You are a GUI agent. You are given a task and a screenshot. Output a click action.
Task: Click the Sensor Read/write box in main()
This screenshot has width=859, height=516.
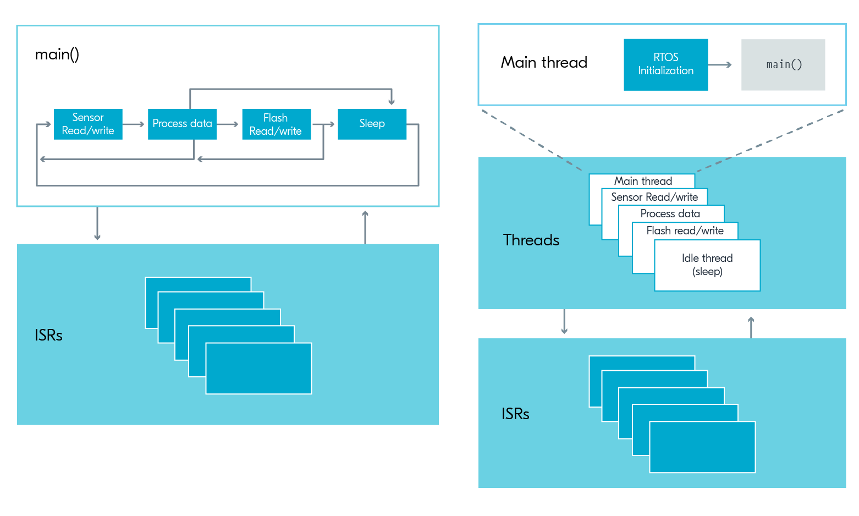click(88, 124)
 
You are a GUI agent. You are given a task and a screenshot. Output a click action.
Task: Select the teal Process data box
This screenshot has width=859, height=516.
click(182, 124)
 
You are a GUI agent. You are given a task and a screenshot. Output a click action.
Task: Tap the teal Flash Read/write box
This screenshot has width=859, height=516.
click(277, 124)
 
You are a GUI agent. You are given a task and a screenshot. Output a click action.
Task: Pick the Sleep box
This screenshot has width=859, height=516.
click(372, 124)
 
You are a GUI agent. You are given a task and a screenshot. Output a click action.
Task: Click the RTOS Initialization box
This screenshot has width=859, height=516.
click(666, 64)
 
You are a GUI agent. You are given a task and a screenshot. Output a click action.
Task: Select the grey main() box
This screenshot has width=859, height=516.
click(783, 64)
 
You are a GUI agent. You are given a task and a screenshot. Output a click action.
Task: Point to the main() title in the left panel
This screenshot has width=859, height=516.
click(57, 54)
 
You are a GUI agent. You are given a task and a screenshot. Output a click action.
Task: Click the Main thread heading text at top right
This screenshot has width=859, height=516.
click(544, 62)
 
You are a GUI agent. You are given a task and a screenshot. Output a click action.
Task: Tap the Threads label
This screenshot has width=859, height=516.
click(531, 240)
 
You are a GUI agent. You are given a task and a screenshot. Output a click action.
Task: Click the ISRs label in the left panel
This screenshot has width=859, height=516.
click(48, 335)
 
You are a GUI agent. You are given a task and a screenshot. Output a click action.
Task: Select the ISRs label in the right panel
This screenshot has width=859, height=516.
click(515, 414)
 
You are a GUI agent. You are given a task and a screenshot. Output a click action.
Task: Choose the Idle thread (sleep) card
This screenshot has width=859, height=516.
click(707, 265)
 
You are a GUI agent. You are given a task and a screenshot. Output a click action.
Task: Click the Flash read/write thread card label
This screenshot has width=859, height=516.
click(685, 230)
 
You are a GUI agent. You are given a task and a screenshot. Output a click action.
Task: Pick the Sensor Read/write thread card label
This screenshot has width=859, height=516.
click(654, 197)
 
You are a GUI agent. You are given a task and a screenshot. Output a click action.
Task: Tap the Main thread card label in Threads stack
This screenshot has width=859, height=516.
click(643, 180)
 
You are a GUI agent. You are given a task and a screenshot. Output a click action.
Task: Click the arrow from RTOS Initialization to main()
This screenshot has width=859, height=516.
click(720, 65)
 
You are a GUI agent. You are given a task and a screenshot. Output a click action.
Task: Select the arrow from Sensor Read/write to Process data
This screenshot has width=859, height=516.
click(134, 124)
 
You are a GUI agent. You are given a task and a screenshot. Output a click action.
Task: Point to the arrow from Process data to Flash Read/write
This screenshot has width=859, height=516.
click(228, 124)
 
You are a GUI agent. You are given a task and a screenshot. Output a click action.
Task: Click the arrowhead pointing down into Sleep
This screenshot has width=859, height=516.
click(392, 102)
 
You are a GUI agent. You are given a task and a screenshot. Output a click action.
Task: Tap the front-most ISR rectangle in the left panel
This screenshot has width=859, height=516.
click(259, 369)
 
